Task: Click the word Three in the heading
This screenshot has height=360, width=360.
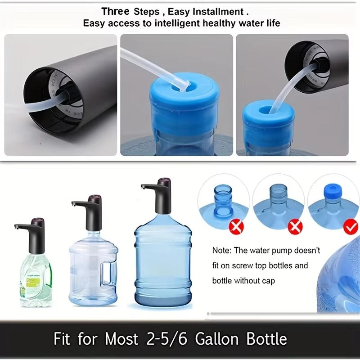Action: coord(115,11)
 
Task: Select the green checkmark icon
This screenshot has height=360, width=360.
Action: coord(350,227)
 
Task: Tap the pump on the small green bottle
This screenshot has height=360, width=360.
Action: coord(31,234)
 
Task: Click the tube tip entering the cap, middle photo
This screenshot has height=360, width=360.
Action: coord(184,85)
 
